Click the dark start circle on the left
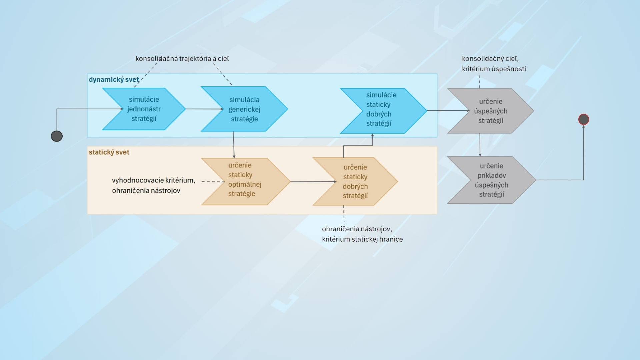pyautogui.click(x=57, y=136)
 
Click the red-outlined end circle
pyautogui.click(x=584, y=119)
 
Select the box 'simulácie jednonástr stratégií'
pyautogui.click(x=144, y=109)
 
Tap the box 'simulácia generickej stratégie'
pyautogui.click(x=244, y=109)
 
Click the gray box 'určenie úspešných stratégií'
pyautogui.click(x=491, y=111)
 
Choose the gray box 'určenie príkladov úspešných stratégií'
pyautogui.click(x=491, y=180)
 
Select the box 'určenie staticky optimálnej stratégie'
pyautogui.click(x=246, y=182)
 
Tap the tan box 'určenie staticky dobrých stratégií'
pyautogui.click(x=355, y=182)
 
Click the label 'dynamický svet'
pyautogui.click(x=114, y=80)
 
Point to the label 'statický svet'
pyautogui.click(x=109, y=152)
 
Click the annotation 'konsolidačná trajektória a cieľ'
pyautogui.click(x=182, y=59)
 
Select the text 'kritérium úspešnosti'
pyautogui.click(x=494, y=69)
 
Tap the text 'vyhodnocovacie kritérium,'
pyautogui.click(x=154, y=180)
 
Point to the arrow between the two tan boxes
pyautogui.click(x=313, y=182)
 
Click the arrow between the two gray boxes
pyautogui.click(x=480, y=145)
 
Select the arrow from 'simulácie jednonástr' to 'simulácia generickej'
pyautogui.click(x=204, y=109)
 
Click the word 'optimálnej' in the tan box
pyautogui.click(x=245, y=184)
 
